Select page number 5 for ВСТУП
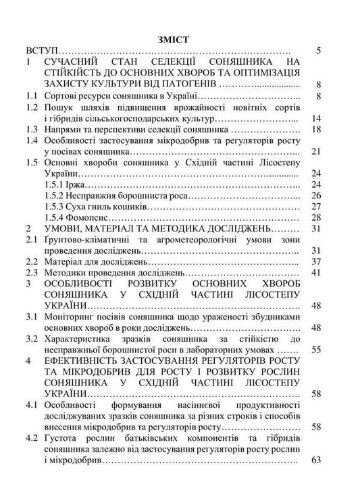(x=318, y=51)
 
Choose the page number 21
(x=316, y=152)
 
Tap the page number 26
(x=316, y=196)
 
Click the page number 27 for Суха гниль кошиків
(x=316, y=207)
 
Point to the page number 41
(x=316, y=273)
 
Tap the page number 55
(x=316, y=350)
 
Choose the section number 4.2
(x=31, y=439)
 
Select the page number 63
(x=316, y=461)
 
